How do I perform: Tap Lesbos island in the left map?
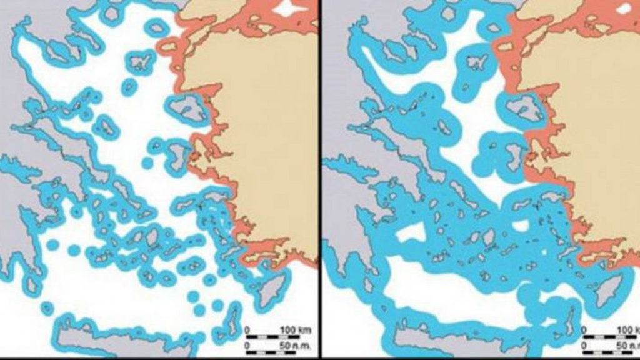(x=189, y=110)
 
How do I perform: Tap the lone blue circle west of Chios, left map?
(x=147, y=163)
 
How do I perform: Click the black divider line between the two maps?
(x=321, y=180)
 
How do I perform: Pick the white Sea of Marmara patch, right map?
(x=624, y=8)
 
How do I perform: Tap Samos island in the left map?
(x=204, y=204)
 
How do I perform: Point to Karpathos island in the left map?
(x=234, y=312)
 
